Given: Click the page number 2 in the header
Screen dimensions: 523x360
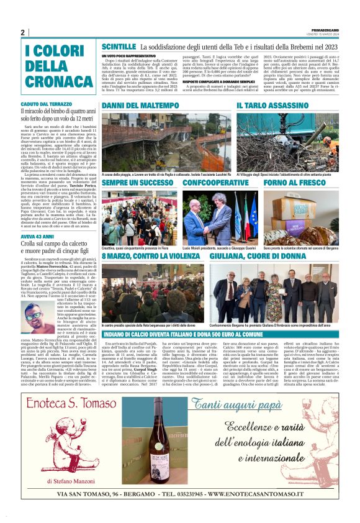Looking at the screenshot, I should click(x=22, y=33).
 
